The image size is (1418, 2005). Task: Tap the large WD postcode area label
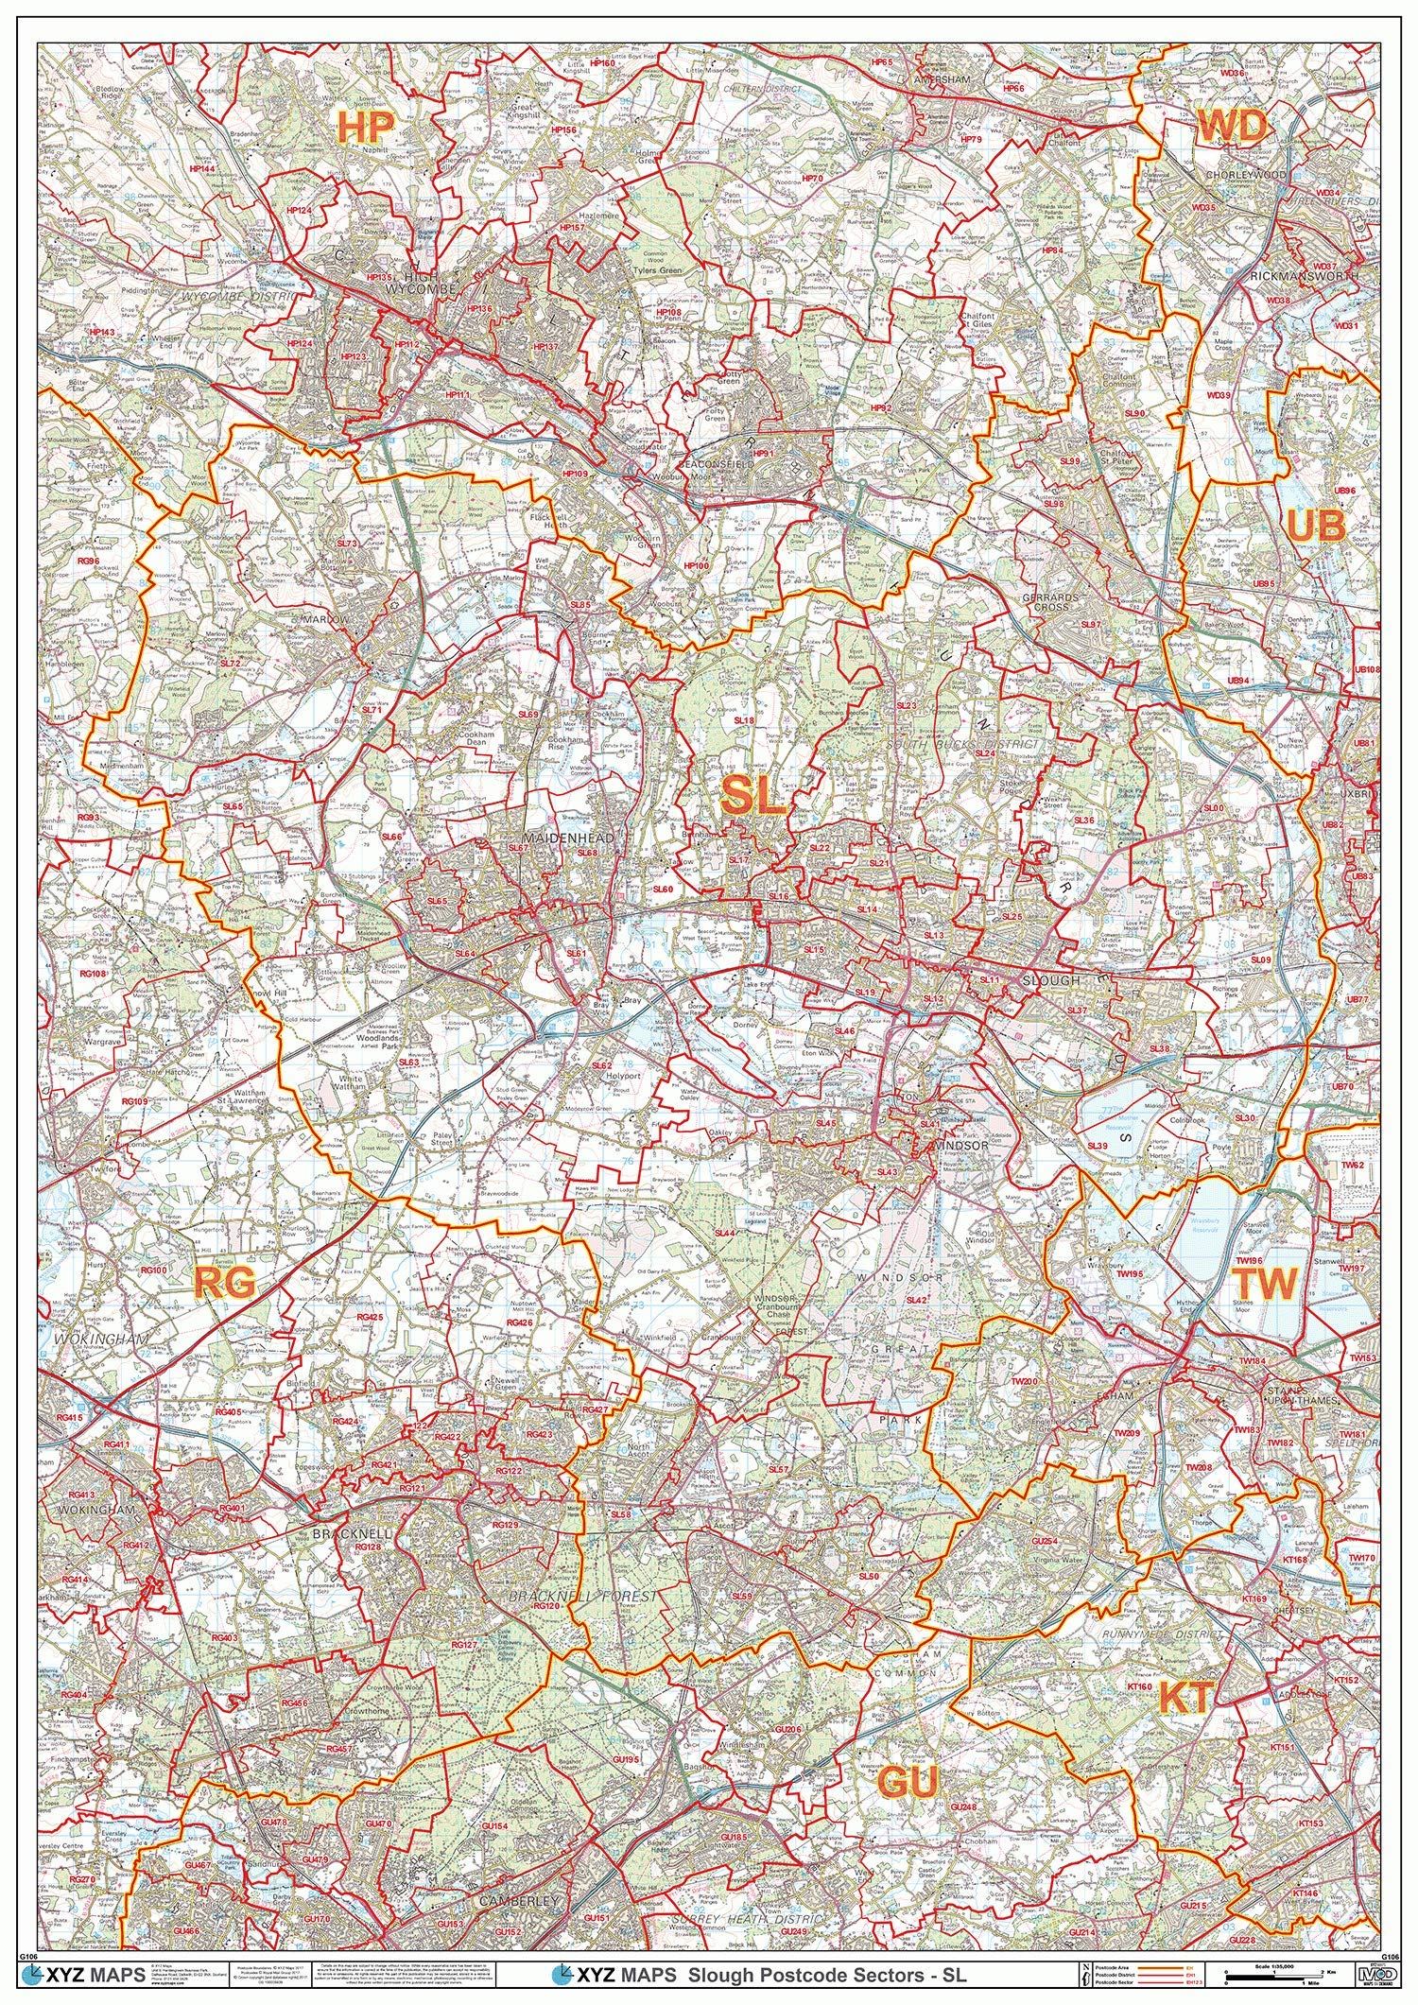tap(1232, 126)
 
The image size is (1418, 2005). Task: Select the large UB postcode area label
tap(1317, 527)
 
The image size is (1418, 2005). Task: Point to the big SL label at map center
tap(753, 797)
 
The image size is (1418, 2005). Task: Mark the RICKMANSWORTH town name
tap(1304, 275)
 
